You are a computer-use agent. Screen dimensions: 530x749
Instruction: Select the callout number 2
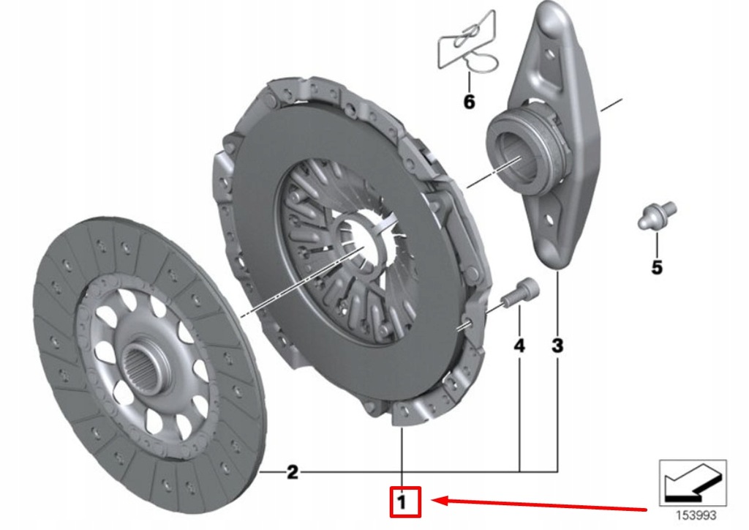292,472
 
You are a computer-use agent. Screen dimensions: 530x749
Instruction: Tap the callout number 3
557,346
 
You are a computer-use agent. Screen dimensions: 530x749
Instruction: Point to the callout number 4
519,346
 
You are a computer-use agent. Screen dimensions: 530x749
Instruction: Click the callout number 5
656,268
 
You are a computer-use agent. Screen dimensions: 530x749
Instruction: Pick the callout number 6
469,102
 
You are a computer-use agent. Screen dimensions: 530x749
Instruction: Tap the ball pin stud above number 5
655,215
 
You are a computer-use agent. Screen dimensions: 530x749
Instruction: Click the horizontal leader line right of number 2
410,471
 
